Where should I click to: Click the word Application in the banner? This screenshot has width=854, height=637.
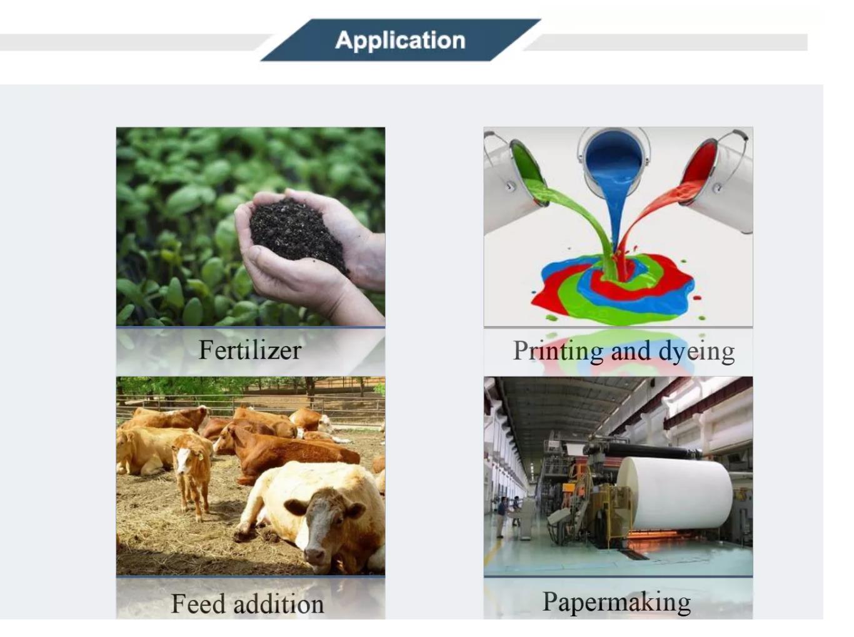pos(400,41)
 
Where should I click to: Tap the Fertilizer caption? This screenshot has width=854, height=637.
pos(250,350)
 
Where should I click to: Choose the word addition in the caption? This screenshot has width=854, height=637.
pos(279,603)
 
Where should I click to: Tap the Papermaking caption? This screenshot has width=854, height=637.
pos(616,603)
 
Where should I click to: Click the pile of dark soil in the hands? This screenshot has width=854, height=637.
pos(298,233)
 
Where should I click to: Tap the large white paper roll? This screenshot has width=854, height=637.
pos(675,492)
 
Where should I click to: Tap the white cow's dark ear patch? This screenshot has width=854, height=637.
pos(296,507)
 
